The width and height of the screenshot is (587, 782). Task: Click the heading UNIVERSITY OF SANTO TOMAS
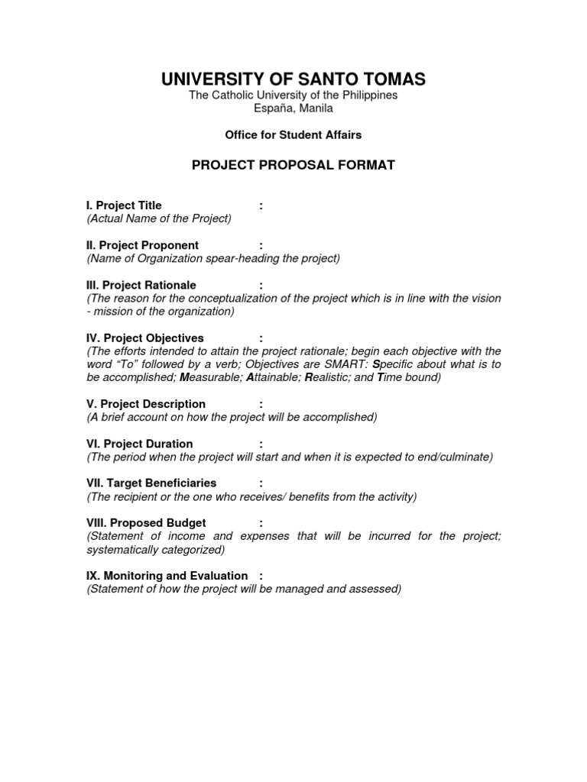tap(293, 79)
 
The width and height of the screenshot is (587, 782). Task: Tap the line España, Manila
tap(293, 108)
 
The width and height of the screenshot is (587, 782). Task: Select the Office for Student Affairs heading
tap(293, 135)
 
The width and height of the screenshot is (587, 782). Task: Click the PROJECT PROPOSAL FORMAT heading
tap(293, 165)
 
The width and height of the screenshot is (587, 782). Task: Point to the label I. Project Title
tap(124, 205)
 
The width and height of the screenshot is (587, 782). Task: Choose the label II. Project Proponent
tap(142, 245)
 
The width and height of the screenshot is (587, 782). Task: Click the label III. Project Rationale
tap(141, 285)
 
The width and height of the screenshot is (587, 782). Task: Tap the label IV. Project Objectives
tap(144, 338)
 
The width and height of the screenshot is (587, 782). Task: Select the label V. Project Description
tap(146, 404)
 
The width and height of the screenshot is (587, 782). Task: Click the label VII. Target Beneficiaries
tap(151, 483)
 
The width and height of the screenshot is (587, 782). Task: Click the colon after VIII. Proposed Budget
tap(261, 523)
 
